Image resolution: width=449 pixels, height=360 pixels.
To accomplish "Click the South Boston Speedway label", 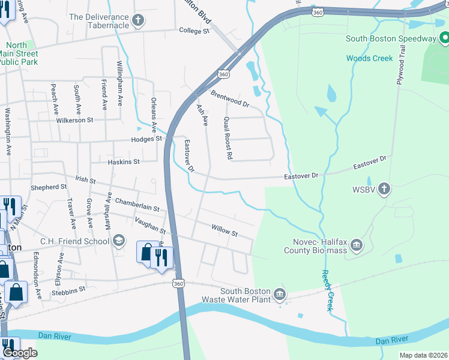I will point(390,39).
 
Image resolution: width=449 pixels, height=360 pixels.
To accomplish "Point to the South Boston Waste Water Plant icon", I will point(280,295).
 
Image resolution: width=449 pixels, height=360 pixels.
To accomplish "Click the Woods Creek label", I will point(369,58).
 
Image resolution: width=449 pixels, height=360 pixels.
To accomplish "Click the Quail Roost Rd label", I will point(228,138).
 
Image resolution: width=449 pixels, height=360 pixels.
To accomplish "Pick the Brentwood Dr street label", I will point(230,98).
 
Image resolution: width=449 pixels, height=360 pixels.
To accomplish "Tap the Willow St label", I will point(224,229).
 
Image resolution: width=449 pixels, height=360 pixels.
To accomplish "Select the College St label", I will point(193,30).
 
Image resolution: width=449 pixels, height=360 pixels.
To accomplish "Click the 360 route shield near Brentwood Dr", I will point(223,74).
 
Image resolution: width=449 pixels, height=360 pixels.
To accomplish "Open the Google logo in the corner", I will point(20,353).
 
